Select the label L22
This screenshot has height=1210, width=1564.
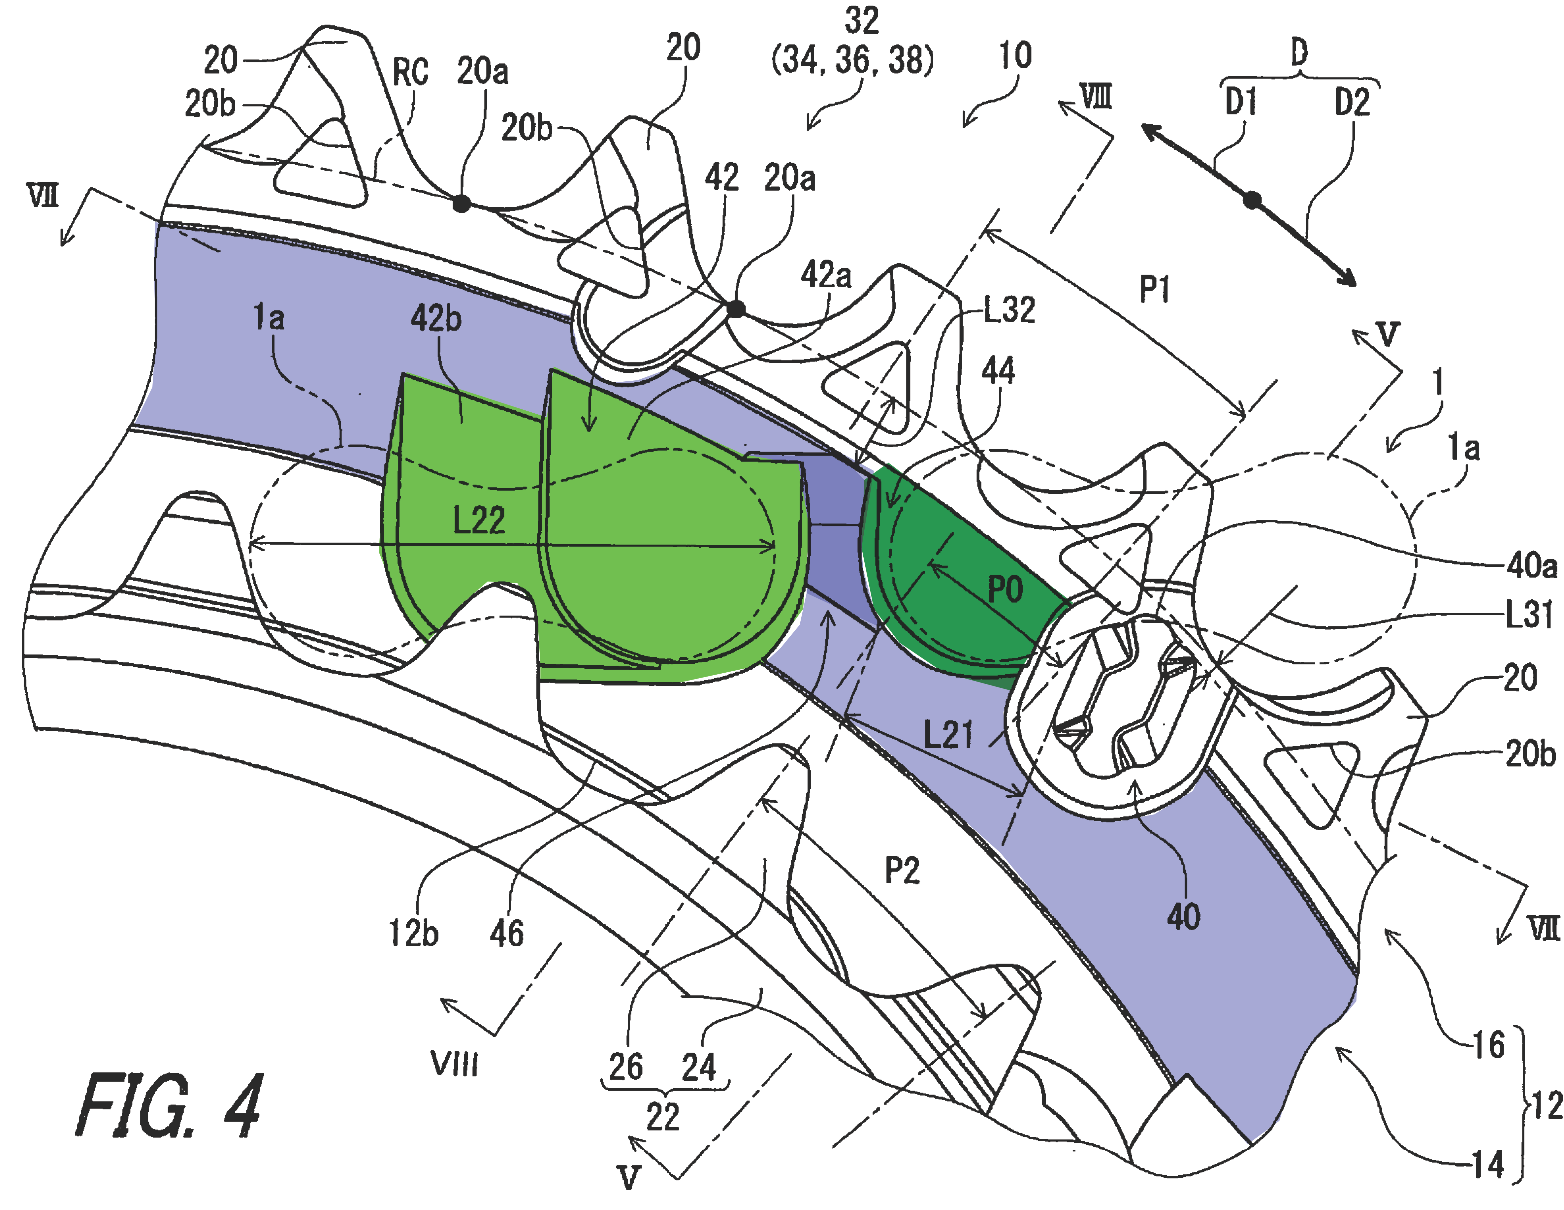tap(479, 520)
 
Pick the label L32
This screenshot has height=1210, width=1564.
tap(1009, 310)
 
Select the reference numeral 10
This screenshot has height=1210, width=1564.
tap(1015, 55)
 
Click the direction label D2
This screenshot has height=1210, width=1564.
tap(1351, 102)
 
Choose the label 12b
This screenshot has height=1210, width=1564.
tap(413, 934)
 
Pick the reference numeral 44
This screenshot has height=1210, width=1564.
tap(998, 371)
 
